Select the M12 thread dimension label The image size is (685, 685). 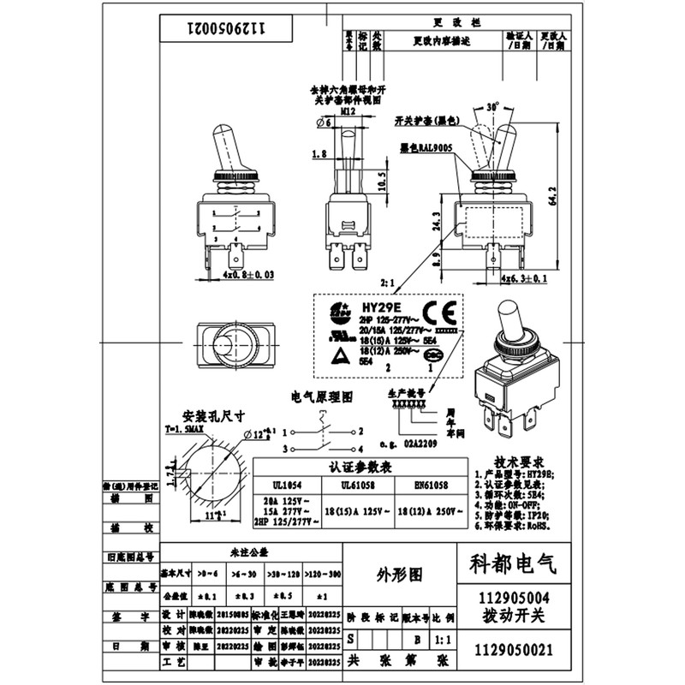[348, 111]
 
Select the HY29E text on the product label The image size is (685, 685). [380, 307]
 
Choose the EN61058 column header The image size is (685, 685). [431, 485]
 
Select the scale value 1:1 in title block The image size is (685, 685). [444, 638]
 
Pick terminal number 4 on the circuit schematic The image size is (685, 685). [361, 450]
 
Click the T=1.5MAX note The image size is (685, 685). [185, 427]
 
